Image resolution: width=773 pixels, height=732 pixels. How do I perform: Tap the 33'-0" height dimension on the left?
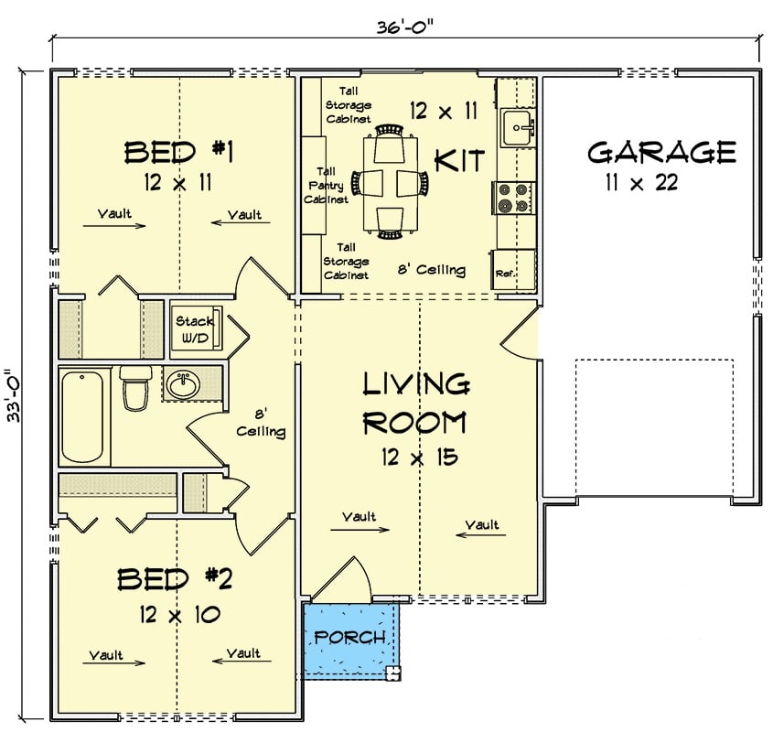point(13,394)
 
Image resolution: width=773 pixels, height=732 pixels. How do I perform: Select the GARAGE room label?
point(661,151)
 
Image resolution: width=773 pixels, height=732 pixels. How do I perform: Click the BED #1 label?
point(179,151)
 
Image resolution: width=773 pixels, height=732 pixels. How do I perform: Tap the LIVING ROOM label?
point(416,404)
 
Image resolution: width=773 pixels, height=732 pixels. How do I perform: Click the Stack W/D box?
point(194,328)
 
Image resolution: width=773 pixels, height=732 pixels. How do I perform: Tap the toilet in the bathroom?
point(135,388)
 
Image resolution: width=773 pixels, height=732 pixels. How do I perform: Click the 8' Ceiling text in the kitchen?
point(431,270)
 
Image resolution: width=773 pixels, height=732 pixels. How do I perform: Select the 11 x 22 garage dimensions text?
point(640,182)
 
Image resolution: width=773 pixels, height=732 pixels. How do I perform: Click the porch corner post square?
point(393,675)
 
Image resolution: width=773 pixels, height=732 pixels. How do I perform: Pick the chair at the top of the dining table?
point(391,131)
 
